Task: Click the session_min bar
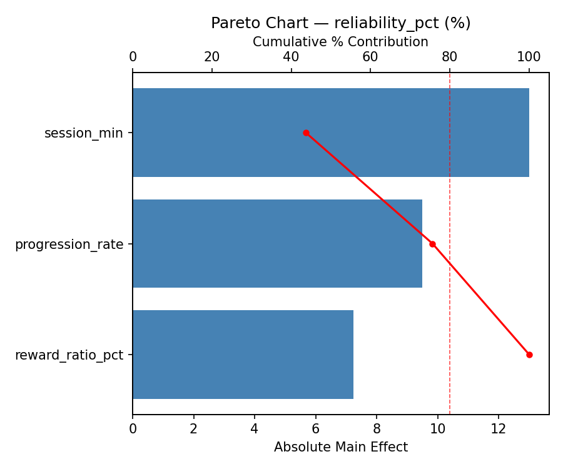pos(330,133)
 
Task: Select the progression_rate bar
pos(277,244)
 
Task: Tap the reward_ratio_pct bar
pos(243,355)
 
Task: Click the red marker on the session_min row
pos(306,133)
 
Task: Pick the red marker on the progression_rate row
pos(432,244)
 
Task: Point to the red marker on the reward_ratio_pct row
pos(529,355)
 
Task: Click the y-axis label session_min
pos(84,133)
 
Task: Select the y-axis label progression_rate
pos(69,245)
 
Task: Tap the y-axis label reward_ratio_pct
pos(69,356)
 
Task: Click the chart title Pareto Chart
pos(340,23)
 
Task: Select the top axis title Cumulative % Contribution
pos(340,43)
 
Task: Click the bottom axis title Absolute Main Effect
pos(340,447)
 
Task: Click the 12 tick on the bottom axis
pos(499,429)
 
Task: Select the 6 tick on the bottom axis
pos(315,429)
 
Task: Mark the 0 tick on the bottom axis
pos(133,429)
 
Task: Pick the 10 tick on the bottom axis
pos(437,429)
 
